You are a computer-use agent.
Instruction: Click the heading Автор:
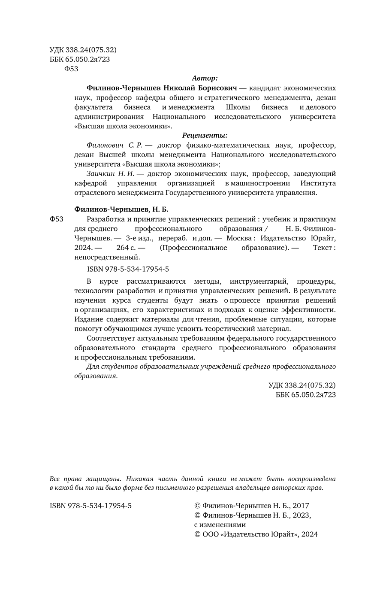pos(205,78)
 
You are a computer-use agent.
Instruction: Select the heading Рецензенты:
pos(205,135)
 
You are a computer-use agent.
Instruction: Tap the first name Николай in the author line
pos(180,88)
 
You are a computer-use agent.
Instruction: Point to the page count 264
pos(123,248)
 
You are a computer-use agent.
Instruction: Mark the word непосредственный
pos(107,258)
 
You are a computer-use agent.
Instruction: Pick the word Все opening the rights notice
pos(56,479)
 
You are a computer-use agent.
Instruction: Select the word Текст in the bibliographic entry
pos(323,248)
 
